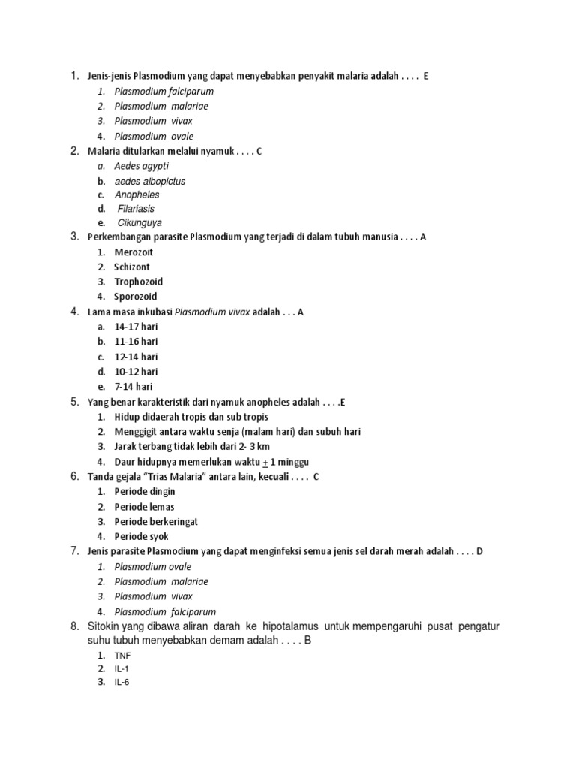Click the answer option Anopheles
[136, 195]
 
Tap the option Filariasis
[136, 209]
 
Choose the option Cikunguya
[139, 223]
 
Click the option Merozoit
[133, 252]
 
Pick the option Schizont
[132, 267]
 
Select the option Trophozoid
[138, 282]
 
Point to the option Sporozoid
[136, 297]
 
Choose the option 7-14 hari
[133, 387]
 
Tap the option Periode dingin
[145, 492]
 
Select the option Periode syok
[141, 537]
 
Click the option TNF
[122, 656]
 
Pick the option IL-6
[122, 683]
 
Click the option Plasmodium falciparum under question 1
[164, 92]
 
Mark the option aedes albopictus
[150, 182]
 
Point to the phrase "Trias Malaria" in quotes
[166, 477]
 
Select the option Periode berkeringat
[156, 522]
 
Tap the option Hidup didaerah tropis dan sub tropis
[191, 417]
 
